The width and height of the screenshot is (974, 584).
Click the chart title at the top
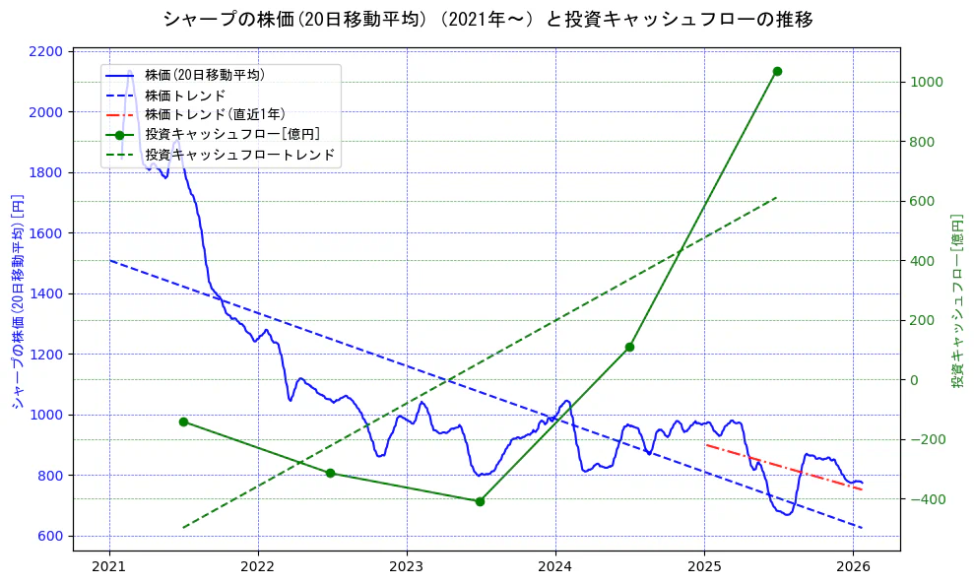[x=487, y=19]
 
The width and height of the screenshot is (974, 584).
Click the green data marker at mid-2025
[x=777, y=71]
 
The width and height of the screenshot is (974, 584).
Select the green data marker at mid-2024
[x=629, y=347]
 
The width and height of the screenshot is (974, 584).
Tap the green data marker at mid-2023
[x=480, y=501]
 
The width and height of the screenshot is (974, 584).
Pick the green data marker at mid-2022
[x=330, y=473]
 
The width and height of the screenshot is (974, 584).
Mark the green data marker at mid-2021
[x=183, y=422]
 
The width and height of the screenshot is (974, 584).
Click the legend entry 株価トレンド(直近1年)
[x=215, y=114]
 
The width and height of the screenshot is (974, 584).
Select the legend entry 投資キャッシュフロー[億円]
[x=231, y=134]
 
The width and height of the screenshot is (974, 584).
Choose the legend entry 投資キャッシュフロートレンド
[x=239, y=155]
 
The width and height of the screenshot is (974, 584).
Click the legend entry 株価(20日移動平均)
[x=204, y=74]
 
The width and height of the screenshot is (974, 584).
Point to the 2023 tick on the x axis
[x=407, y=566]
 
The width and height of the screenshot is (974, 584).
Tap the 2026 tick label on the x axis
[x=853, y=566]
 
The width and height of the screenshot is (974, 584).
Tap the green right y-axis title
[x=956, y=299]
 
